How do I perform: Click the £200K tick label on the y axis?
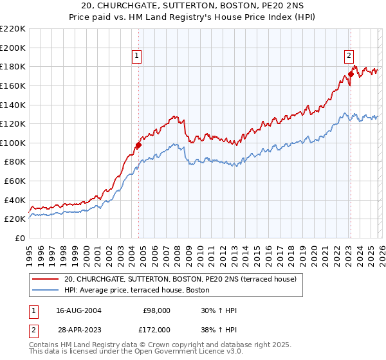coord(13,48)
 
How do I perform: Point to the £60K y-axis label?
coord(15,181)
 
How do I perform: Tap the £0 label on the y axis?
coord(21,239)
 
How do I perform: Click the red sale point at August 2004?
coord(138,145)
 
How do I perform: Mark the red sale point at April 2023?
coord(351,74)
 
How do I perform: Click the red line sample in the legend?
coord(45,280)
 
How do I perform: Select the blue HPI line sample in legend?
coord(45,291)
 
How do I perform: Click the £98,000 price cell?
coord(157,310)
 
